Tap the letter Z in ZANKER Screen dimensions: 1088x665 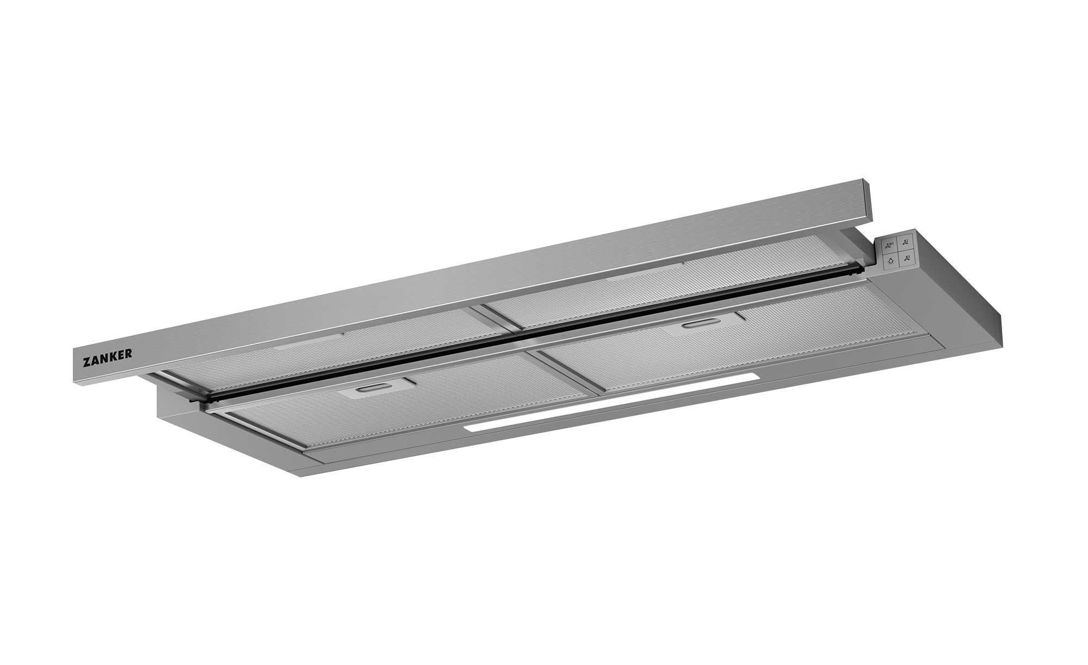point(86,360)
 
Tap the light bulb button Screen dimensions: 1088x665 point(891,261)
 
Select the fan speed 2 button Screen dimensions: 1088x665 point(906,242)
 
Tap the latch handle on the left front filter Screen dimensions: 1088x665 point(372,390)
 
